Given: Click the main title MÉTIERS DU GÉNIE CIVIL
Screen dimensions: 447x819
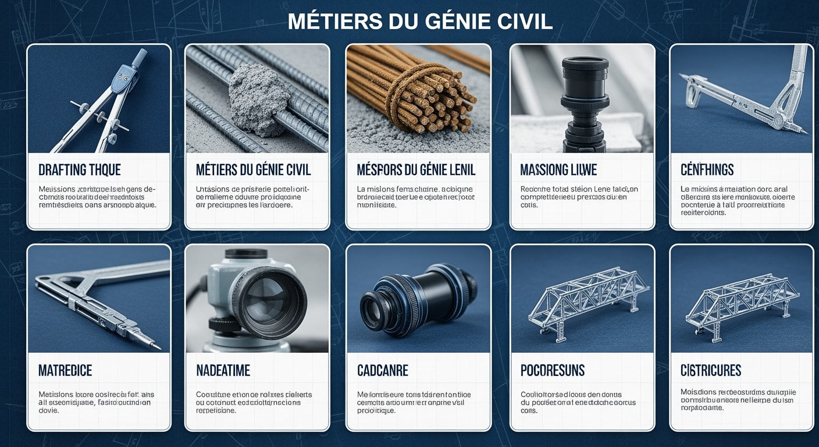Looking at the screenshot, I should tap(420, 22).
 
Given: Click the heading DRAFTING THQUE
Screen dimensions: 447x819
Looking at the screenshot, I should tap(80, 170).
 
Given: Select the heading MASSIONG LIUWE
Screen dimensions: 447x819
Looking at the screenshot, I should tap(558, 170).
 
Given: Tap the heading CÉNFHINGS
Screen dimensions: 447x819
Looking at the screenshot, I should tap(707, 170).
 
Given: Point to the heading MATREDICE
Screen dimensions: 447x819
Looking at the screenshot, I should tap(65, 370).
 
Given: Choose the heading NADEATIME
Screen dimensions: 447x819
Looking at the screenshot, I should tap(223, 370).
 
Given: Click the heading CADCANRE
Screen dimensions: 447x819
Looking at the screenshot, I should tap(382, 370).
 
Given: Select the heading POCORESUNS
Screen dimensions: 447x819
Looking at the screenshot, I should tap(552, 370).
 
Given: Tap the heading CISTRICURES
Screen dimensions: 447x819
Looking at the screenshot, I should tap(710, 370).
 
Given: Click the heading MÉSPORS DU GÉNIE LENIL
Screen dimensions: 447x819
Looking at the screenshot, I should tap(416, 170).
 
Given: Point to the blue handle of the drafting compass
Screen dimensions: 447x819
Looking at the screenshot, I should tap(138, 58).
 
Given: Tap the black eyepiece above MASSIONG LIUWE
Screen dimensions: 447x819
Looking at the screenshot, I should tap(585, 76).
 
